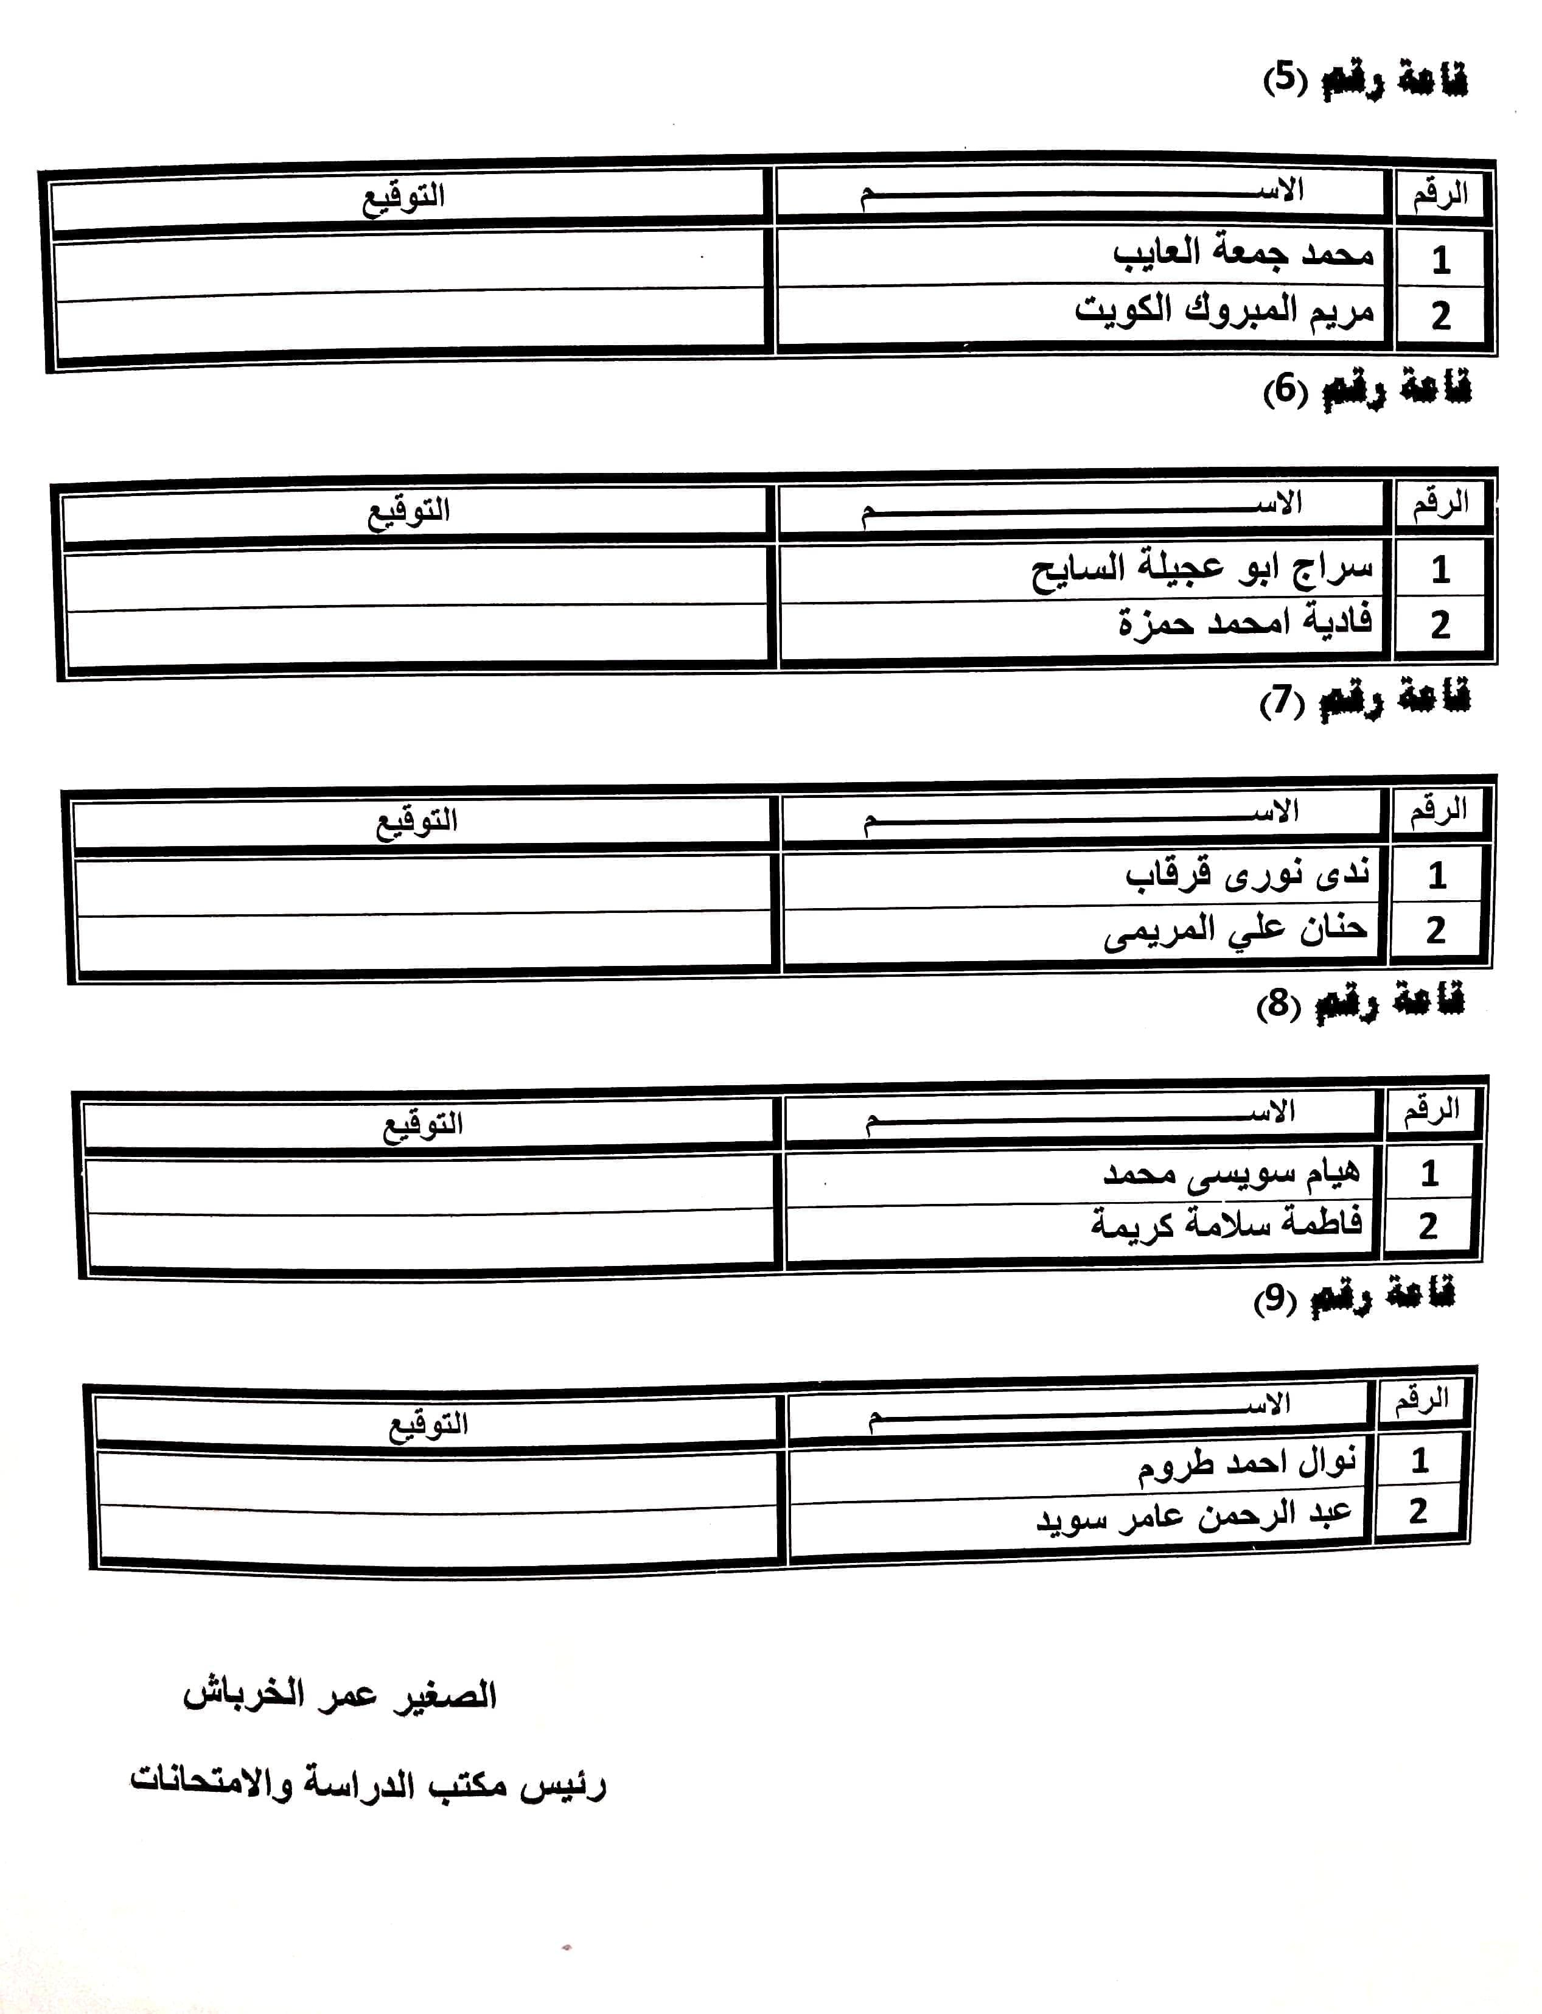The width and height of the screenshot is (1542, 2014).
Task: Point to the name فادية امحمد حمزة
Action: (x=1244, y=623)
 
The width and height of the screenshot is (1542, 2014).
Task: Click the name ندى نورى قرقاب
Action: (x=1247, y=873)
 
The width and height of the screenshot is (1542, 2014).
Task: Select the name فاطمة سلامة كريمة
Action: (x=1226, y=1223)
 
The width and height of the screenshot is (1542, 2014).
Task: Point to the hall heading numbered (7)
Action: (x=1364, y=701)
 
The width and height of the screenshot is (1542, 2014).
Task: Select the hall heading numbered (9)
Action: (x=1354, y=1297)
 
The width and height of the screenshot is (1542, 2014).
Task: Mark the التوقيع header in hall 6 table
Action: (x=408, y=511)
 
